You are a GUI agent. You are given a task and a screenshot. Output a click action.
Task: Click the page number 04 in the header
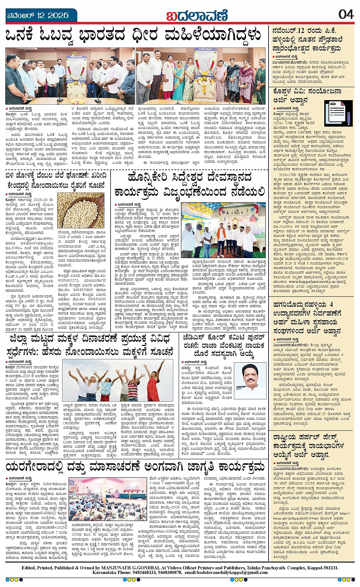346,14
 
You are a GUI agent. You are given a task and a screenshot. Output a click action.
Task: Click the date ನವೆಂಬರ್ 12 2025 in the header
38,15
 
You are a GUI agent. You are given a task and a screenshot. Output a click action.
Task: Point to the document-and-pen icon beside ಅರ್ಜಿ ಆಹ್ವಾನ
339,113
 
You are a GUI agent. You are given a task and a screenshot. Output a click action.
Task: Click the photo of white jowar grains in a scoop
80,211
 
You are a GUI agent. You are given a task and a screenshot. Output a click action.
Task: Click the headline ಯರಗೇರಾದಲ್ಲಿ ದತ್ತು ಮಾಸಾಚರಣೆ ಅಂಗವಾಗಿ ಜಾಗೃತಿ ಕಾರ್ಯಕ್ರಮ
135,467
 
